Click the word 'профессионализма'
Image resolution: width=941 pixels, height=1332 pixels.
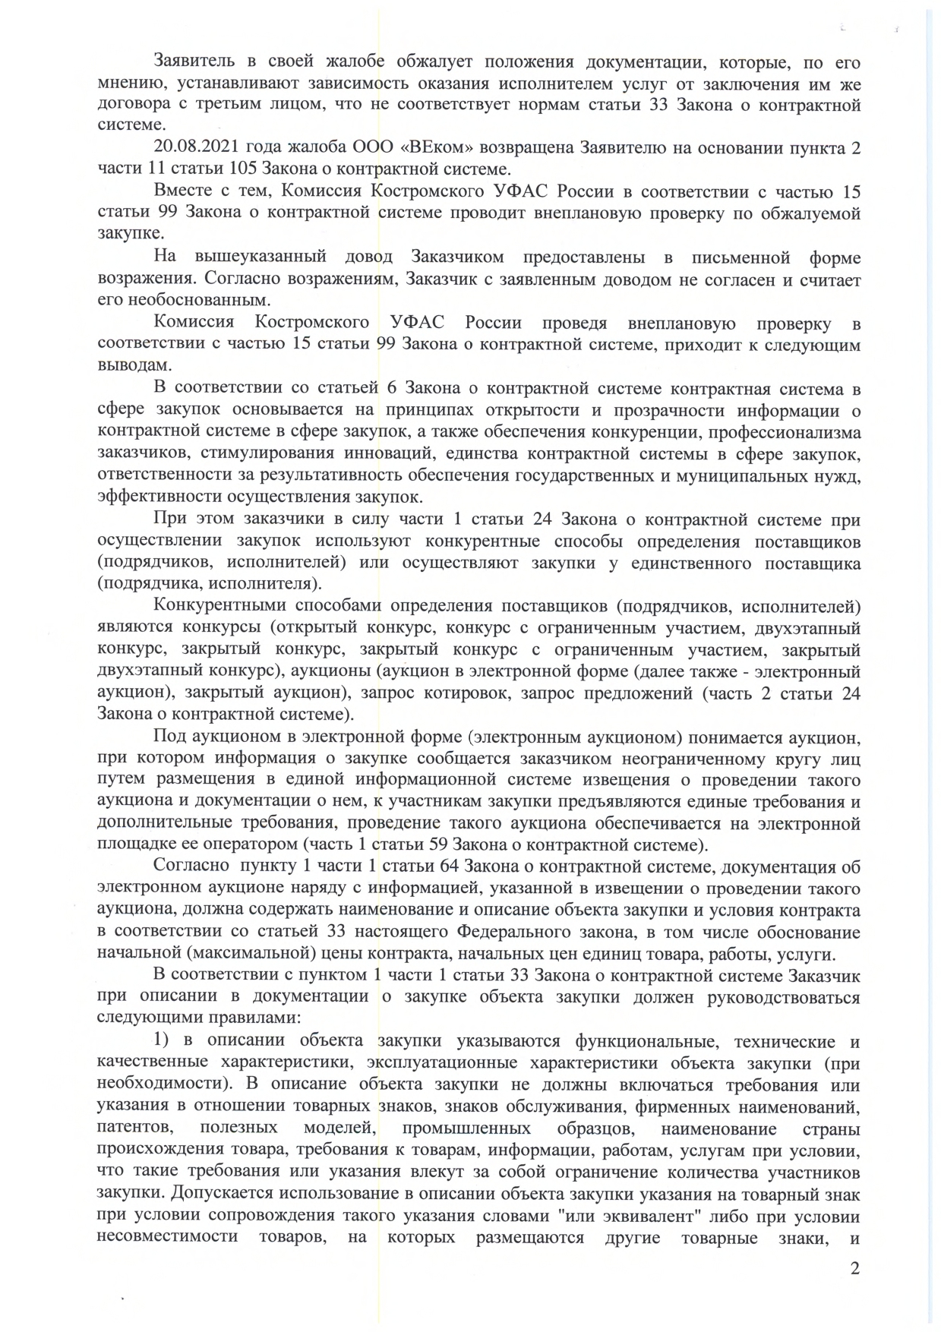tap(785, 432)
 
